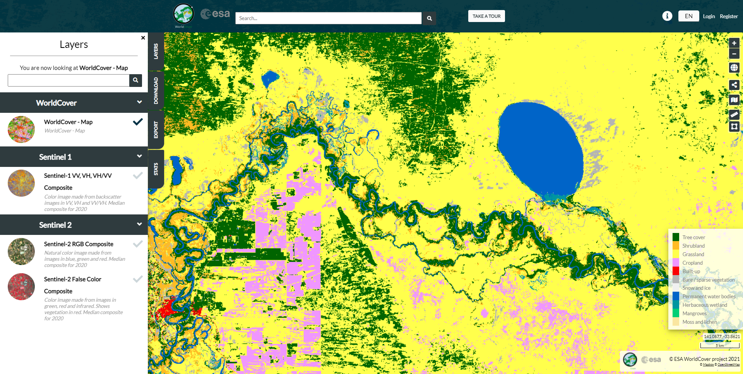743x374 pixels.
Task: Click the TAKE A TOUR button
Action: pyautogui.click(x=486, y=16)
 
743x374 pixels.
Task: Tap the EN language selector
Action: pyautogui.click(x=688, y=16)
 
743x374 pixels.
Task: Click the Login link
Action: pyautogui.click(x=709, y=16)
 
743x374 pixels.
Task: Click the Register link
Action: pyautogui.click(x=729, y=16)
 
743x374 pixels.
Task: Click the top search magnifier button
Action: pyautogui.click(x=429, y=18)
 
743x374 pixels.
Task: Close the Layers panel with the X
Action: pyautogui.click(x=143, y=38)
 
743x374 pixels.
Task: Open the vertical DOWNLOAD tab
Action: pyautogui.click(x=156, y=91)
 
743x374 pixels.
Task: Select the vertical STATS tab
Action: pyautogui.click(x=156, y=169)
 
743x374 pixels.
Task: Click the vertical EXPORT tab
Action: pyautogui.click(x=156, y=129)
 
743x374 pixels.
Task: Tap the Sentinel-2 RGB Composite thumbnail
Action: pyautogui.click(x=21, y=252)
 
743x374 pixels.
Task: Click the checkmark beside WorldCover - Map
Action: pyautogui.click(x=138, y=122)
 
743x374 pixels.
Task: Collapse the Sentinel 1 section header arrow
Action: pyautogui.click(x=139, y=156)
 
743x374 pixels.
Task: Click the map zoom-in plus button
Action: pyautogui.click(x=734, y=43)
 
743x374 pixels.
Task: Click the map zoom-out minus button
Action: pyautogui.click(x=734, y=54)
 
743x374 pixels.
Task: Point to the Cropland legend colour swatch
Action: pyautogui.click(x=676, y=263)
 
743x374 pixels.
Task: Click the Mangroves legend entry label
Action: pyautogui.click(x=694, y=313)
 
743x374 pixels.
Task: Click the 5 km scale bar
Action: pyautogui.click(x=720, y=345)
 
